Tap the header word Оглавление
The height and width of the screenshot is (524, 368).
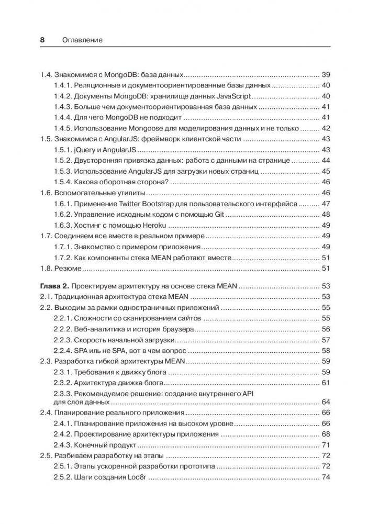(x=81, y=39)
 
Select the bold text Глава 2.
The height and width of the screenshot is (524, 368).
(x=55, y=286)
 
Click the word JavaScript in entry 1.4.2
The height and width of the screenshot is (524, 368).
(x=231, y=96)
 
